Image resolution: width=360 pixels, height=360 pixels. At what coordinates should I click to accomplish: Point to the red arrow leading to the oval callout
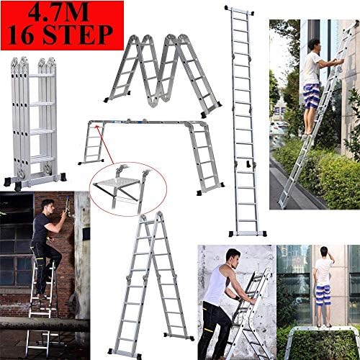[x=104, y=155]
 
